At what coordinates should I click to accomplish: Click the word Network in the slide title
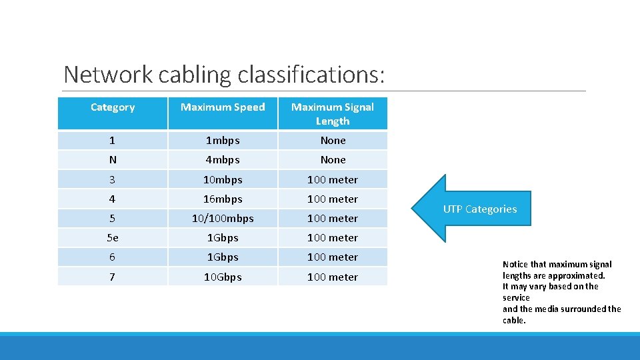(108, 74)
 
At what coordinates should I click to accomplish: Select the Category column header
(113, 107)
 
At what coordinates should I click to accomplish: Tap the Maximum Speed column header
(223, 107)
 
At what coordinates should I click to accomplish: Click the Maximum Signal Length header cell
(333, 114)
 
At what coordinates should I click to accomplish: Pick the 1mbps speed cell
(223, 141)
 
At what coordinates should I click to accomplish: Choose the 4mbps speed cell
(223, 160)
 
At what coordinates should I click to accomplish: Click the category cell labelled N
(113, 160)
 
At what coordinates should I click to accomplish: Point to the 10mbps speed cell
(223, 180)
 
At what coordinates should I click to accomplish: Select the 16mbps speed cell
(223, 199)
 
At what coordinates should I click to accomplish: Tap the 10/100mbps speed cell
(223, 219)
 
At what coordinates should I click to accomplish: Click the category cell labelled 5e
(113, 238)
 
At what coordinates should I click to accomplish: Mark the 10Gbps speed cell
(223, 277)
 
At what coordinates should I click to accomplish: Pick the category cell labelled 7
(113, 277)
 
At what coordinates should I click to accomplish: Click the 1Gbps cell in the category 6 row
(223, 257)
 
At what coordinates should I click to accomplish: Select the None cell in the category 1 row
(333, 141)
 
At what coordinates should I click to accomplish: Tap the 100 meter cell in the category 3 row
(333, 180)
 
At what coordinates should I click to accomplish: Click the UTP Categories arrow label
(480, 209)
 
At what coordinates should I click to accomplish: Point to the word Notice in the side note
(514, 265)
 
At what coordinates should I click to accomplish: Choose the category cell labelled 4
(113, 199)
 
